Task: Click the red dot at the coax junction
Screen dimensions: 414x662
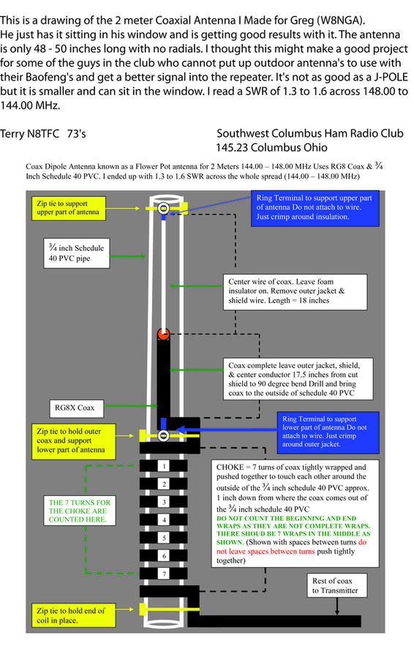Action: (164, 334)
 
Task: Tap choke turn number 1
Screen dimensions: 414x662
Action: (164, 466)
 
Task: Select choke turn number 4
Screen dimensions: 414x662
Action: (164, 519)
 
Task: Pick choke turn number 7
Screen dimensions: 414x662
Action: (164, 573)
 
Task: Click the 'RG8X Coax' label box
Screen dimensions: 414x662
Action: (75, 408)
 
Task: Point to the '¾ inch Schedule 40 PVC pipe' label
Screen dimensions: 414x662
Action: (76, 253)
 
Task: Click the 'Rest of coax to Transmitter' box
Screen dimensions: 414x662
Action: (336, 585)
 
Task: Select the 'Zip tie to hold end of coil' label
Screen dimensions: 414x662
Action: (73, 615)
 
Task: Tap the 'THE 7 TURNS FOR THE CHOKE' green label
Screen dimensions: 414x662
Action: (79, 511)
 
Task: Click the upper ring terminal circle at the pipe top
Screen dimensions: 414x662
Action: (164, 208)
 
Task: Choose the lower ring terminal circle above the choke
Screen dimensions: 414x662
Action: (164, 435)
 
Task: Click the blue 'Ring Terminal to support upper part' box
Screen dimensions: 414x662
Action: (315, 208)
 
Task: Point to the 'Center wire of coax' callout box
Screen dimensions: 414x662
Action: (295, 291)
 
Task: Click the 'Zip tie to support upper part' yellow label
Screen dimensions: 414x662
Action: (68, 208)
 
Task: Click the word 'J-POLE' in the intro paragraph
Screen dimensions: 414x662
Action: (391, 78)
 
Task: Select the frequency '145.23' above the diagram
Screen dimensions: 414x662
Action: (232, 148)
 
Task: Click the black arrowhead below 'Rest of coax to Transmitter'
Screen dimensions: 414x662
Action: (337, 612)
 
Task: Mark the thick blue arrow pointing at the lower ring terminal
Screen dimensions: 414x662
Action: (226, 430)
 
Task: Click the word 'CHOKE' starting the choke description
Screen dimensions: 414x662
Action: (230, 467)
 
